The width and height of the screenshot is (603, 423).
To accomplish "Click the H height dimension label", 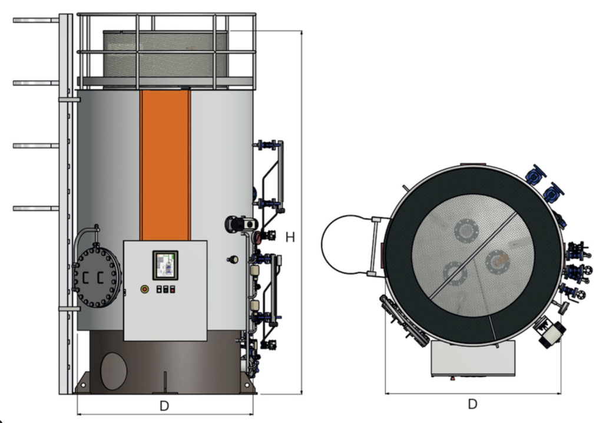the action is tap(290, 237).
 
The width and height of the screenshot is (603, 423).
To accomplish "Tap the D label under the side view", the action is tap(164, 406).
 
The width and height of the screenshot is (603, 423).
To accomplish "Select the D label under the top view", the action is tap(472, 404).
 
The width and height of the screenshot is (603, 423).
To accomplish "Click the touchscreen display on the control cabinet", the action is tap(165, 265).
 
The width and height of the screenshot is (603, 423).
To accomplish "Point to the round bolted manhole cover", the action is tap(97, 277).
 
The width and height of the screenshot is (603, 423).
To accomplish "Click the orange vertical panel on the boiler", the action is tap(165, 165).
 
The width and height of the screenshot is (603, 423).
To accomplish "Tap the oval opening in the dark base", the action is tap(114, 371).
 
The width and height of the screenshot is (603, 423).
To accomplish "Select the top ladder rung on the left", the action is tap(35, 20).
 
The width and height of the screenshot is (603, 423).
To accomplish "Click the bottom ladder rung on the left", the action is tap(35, 208).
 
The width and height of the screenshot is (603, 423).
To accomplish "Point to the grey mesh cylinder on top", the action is tap(165, 54).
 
